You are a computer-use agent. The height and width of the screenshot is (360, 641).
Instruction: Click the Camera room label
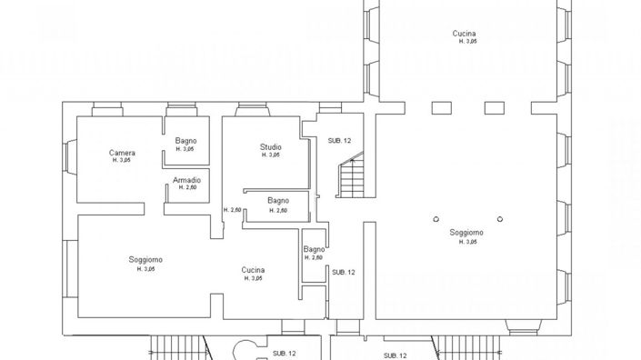(122, 153)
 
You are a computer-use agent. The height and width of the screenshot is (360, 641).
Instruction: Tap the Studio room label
(270, 146)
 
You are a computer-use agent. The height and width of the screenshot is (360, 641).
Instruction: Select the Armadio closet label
(186, 180)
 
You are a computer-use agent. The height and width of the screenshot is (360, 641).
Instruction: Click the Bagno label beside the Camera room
(186, 141)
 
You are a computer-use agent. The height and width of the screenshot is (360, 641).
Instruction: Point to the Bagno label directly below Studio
(278, 201)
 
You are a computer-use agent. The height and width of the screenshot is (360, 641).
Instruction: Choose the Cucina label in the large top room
(465, 34)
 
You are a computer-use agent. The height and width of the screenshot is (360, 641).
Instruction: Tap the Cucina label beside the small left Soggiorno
(253, 270)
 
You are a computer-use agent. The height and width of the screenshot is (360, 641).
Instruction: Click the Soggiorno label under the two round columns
(466, 233)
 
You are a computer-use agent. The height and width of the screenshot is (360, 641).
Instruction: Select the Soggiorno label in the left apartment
(145, 260)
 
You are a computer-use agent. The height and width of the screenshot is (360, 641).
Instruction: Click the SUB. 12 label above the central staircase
(340, 140)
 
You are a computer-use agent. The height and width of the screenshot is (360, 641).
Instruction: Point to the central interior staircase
(351, 178)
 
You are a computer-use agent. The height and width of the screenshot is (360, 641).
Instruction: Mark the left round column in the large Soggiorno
(436, 218)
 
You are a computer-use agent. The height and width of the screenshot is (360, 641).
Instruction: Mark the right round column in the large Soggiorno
(499, 218)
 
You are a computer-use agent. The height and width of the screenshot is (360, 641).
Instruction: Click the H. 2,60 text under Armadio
(187, 188)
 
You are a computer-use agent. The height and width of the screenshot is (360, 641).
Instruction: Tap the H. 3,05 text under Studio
(270, 155)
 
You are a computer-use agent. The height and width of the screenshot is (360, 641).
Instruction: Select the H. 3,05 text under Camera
(122, 161)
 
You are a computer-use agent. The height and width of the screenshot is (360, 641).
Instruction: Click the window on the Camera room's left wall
(66, 157)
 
